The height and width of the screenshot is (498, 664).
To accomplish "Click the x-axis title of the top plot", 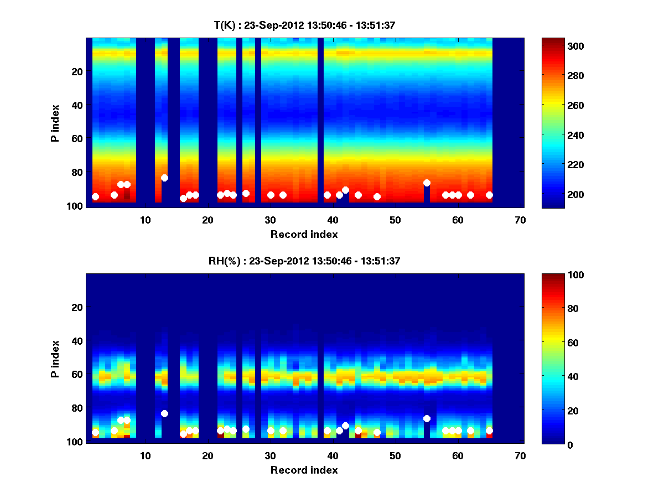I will pyautogui.click(x=304, y=234).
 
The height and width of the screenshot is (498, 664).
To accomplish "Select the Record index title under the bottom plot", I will pyautogui.click(x=304, y=470).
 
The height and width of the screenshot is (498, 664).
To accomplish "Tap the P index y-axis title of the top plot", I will pyautogui.click(x=55, y=123).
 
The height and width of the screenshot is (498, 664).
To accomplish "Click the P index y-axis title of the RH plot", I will pyautogui.click(x=55, y=359).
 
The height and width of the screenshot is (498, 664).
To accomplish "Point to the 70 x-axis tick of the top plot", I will pyautogui.click(x=520, y=220).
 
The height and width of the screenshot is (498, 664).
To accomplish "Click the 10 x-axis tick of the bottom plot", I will pyautogui.click(x=145, y=455).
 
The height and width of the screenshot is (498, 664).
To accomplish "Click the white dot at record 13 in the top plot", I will pyautogui.click(x=164, y=178).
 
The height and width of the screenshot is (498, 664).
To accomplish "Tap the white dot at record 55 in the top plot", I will pyautogui.click(x=427, y=183).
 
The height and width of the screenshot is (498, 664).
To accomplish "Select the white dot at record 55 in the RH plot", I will pyautogui.click(x=427, y=418).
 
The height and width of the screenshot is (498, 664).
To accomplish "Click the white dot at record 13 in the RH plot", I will pyautogui.click(x=164, y=413).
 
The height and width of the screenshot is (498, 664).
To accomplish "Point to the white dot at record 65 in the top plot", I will pyautogui.click(x=489, y=195).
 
